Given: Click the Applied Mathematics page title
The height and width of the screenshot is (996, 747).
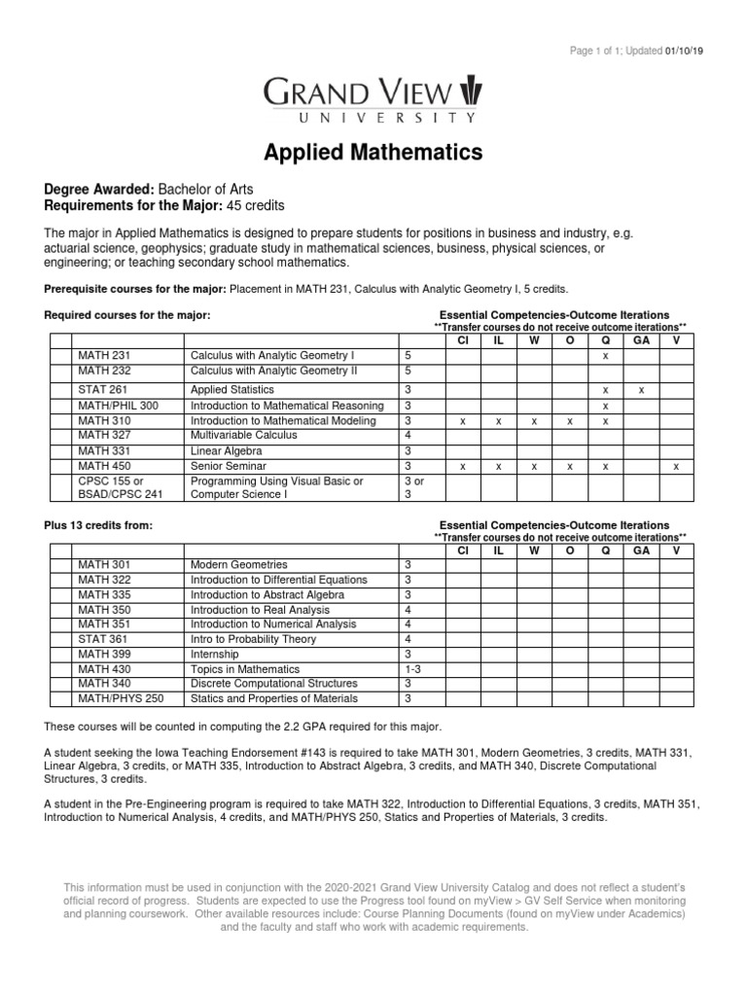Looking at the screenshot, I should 373,153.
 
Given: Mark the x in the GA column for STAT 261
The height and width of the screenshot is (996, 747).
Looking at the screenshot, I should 641,389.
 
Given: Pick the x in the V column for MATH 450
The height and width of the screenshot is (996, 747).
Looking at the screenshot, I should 677,467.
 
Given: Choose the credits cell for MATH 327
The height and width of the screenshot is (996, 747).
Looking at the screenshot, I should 409,436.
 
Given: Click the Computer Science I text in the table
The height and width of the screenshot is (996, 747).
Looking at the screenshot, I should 238,494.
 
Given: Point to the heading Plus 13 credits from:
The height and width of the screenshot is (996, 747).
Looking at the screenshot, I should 98,525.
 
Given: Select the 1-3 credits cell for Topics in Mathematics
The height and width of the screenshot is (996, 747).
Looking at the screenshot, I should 411,669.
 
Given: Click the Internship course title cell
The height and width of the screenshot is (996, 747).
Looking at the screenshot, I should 218,654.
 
